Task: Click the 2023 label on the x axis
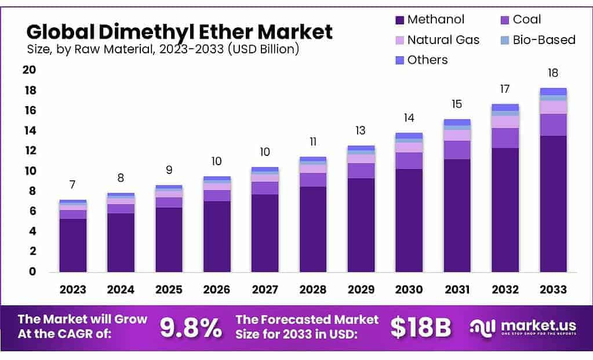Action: pyautogui.click(x=72, y=289)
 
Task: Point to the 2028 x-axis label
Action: pyautogui.click(x=313, y=289)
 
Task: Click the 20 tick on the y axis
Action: pyautogui.click(x=28, y=70)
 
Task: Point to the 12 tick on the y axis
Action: pyautogui.click(x=28, y=151)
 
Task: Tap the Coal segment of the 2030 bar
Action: pyautogui.click(x=409, y=161)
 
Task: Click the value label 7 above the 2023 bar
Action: pyautogui.click(x=72, y=185)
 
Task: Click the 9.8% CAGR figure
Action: pyautogui.click(x=191, y=328)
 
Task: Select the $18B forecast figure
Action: pyautogui.click(x=420, y=328)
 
